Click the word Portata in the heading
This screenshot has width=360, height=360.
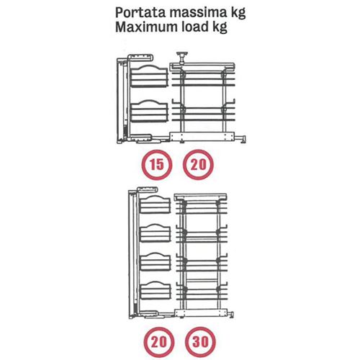coord(140,12)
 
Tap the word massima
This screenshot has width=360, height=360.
coord(198,12)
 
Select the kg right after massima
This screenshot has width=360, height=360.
coord(238,14)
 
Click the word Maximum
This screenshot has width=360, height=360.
coord(146,27)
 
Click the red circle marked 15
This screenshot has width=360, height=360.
coord(157,165)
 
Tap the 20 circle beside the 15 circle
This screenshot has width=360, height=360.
coord(198,165)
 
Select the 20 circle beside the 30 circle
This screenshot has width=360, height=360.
coord(159,341)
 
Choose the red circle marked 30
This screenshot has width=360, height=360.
coord(200,341)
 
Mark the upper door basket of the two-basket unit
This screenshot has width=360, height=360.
coord(149,76)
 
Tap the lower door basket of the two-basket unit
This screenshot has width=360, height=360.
coord(149,111)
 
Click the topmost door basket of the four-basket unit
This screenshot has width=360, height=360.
coord(156,204)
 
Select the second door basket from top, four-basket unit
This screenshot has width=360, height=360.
coord(156,233)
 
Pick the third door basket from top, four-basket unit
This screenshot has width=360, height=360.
coord(156,261)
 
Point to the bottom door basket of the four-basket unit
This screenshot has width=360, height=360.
coord(156,290)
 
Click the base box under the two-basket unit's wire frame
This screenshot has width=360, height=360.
coord(202,137)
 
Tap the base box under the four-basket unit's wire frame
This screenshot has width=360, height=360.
coord(201,313)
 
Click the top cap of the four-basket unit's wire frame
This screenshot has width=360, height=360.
coord(201,197)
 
